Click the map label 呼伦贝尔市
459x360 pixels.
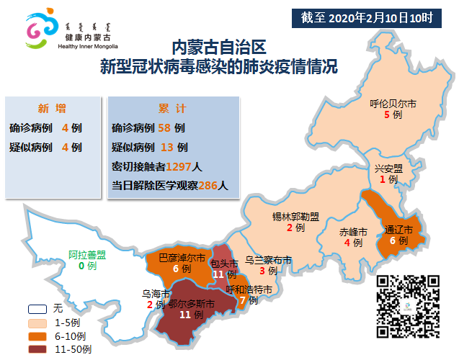tap(388, 104)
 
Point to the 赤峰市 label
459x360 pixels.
tap(353, 232)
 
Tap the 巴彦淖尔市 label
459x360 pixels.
tap(182, 257)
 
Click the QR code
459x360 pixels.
tap(408, 305)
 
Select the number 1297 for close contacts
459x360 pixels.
tap(179, 166)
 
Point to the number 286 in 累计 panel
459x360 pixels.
tap(208, 185)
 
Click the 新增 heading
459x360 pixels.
tap(51, 109)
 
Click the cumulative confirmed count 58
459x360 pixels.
tap(165, 128)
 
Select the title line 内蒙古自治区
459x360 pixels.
tap(219, 48)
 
